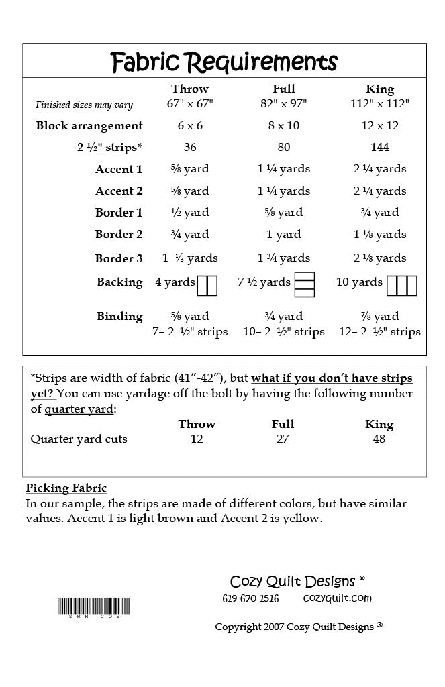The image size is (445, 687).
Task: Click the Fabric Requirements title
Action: [224, 62]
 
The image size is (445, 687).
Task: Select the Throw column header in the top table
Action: [190, 89]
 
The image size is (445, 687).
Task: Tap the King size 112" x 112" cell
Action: [380, 104]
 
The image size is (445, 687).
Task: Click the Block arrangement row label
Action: [89, 125]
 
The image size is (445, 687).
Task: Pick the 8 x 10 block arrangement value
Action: [284, 125]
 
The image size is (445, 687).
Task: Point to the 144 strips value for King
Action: [380, 147]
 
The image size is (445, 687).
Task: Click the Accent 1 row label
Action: [119, 169]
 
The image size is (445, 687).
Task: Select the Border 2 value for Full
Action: [284, 235]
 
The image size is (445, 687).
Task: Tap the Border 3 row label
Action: [119, 258]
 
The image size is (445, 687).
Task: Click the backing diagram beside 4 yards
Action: [207, 285]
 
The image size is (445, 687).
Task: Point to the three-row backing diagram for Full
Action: [305, 285]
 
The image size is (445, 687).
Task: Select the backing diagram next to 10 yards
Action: [402, 285]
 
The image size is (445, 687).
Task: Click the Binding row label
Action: [119, 316]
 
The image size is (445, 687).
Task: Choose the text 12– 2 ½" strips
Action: [380, 331]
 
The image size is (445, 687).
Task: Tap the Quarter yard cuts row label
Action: [79, 439]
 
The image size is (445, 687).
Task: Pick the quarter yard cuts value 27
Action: [283, 439]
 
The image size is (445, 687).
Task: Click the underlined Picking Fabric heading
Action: [66, 488]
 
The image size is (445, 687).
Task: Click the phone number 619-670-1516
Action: [250, 598]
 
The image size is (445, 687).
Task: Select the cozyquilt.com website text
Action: [337, 598]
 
